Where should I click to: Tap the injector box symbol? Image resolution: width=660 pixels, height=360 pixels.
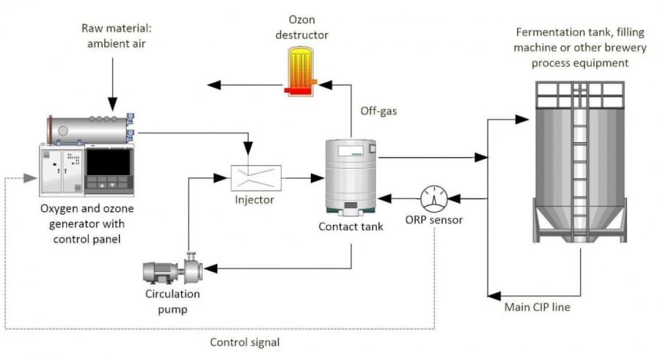(x=254, y=177)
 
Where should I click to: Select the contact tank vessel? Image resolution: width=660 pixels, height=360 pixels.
(x=351, y=177)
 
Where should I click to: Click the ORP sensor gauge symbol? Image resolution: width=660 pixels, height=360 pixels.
(x=435, y=198)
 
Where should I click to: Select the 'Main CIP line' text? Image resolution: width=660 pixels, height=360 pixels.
(x=537, y=307)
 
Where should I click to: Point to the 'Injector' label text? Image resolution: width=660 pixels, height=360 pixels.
(x=254, y=199)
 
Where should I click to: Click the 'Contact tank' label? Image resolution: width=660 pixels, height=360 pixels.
(x=351, y=227)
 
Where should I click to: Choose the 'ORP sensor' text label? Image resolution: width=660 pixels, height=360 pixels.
(x=435, y=220)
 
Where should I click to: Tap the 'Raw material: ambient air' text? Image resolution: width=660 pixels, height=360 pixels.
(x=111, y=35)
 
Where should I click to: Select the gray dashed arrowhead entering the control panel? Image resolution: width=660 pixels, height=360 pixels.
(x=29, y=178)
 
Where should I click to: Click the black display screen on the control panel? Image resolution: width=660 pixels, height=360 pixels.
(x=108, y=162)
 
